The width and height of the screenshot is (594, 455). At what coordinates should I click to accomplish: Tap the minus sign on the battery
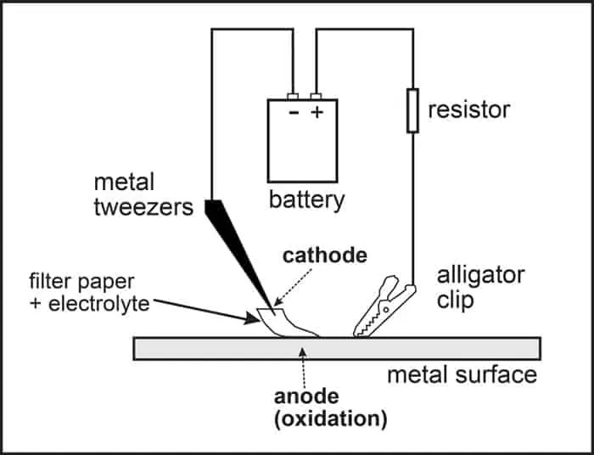(x=294, y=113)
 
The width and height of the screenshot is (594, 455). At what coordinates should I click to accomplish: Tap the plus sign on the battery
(x=317, y=113)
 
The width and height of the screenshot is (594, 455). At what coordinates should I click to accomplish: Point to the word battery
(x=306, y=200)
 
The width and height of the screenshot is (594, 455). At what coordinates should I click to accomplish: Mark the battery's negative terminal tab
(x=294, y=96)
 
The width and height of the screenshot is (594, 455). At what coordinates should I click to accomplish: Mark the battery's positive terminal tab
(x=317, y=96)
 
